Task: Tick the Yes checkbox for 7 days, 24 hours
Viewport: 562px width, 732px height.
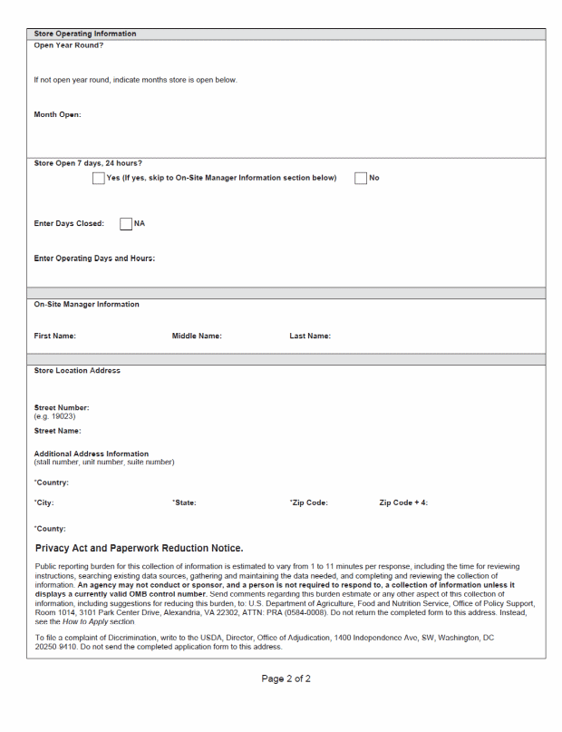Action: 99,178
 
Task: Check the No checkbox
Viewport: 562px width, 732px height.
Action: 361,178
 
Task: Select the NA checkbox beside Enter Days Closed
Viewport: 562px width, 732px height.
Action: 126,223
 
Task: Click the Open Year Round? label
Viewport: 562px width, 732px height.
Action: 69,45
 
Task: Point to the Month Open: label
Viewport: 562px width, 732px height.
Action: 57,114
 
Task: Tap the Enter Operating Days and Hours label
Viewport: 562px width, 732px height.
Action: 94,259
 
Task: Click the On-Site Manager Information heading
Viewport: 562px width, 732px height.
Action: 86,304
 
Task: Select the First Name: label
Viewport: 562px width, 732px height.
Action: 54,337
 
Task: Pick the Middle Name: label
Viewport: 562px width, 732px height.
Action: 197,337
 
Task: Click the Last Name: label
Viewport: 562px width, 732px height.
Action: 310,337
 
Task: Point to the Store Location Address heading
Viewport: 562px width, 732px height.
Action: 77,370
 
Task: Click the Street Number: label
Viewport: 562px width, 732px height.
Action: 62,407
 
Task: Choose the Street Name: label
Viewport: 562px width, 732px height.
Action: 58,431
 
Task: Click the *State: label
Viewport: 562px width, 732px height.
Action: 184,502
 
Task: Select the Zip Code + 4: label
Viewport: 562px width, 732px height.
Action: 403,502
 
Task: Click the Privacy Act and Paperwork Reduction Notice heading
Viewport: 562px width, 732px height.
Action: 139,548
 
